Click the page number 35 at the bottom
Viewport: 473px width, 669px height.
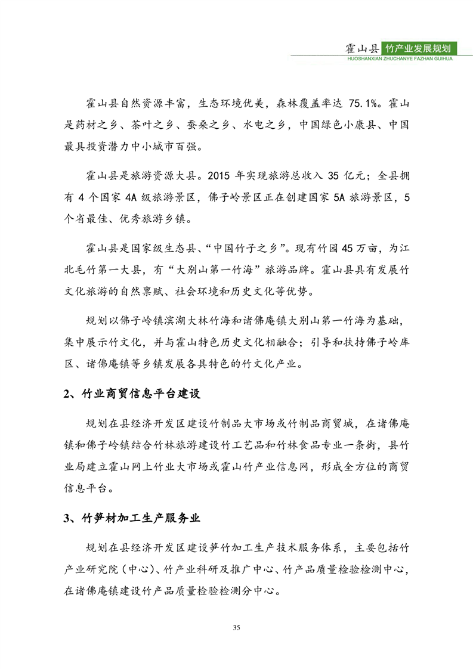[237, 628]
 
